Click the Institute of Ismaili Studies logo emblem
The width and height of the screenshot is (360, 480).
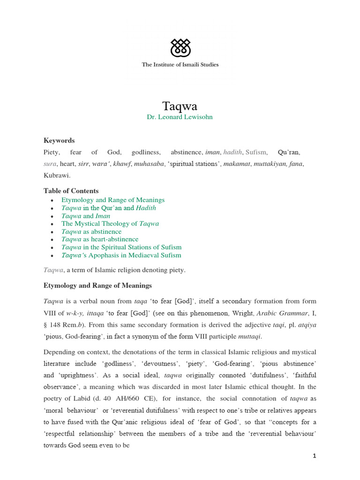[180, 47]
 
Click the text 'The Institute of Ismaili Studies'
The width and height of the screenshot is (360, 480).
[180, 65]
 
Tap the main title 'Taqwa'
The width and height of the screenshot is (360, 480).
[180, 106]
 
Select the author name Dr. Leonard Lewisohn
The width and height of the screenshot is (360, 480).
[180, 117]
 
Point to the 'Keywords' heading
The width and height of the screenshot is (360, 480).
[59, 141]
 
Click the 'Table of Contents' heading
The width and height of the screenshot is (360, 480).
[71, 191]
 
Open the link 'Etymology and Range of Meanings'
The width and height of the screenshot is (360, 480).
[113, 200]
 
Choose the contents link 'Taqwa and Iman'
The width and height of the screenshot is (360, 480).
[86, 216]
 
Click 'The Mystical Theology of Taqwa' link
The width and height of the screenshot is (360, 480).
[110, 224]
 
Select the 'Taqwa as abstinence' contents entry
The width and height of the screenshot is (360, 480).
[91, 232]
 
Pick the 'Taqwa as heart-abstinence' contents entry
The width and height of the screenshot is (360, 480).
[100, 240]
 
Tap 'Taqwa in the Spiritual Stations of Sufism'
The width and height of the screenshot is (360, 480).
[121, 247]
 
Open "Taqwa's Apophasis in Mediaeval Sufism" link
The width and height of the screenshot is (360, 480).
[121, 255]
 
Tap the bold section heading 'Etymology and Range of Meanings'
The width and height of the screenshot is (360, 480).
[97, 285]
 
